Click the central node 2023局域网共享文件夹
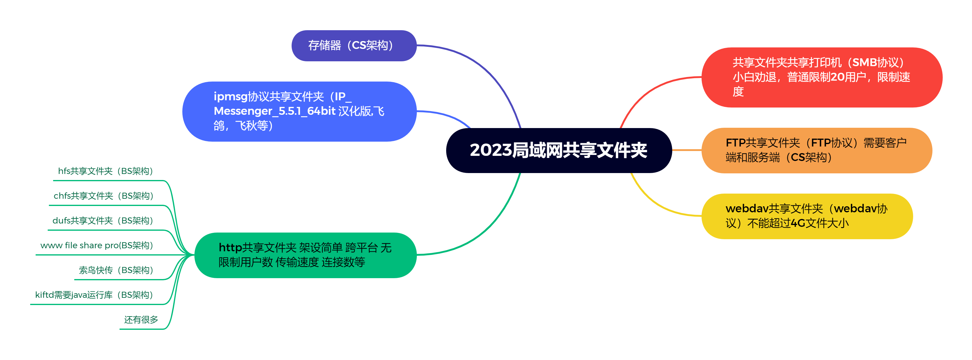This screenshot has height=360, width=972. tap(558, 150)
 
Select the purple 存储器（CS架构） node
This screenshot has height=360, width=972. tap(353, 46)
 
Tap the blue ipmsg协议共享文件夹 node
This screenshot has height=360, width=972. tap(299, 111)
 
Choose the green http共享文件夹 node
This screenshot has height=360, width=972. tap(305, 255)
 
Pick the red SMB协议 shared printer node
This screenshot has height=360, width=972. tap(821, 77)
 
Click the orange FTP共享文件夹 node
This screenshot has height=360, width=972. tap(816, 150)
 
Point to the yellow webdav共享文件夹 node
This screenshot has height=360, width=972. tap(807, 216)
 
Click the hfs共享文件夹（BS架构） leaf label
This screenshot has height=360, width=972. tap(105, 171)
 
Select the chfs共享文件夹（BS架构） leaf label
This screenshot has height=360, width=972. tap(103, 196)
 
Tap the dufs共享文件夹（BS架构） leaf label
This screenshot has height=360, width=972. tap(103, 221)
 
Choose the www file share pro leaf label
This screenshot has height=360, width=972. tap(97, 245)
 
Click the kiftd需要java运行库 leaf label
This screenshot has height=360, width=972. tap(94, 295)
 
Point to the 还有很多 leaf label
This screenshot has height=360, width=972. tap(141, 320)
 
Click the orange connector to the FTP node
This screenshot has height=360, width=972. tap(687, 150)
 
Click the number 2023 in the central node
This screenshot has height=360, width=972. tap(491, 150)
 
